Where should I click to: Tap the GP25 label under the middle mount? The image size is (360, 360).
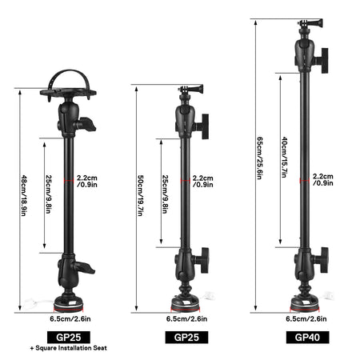(186, 337)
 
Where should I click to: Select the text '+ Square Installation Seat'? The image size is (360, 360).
(68, 349)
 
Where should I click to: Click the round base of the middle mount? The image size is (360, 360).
(186, 302)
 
